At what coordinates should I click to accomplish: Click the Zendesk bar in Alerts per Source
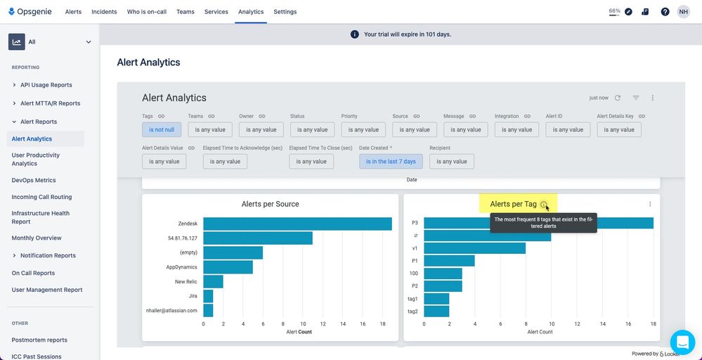coord(297,224)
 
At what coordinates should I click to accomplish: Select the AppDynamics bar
coord(228,267)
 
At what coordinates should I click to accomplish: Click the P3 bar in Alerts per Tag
coord(538,223)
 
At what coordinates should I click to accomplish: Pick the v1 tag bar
coord(474,248)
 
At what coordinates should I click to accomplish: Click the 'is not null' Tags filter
coord(162,129)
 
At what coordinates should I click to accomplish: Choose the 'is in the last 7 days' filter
coord(391,161)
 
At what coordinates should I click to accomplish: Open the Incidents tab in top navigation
coord(104,12)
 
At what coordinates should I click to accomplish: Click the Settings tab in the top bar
coord(285,12)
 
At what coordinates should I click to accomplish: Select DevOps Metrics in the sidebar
coord(34,181)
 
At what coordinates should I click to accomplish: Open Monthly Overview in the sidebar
coord(37,238)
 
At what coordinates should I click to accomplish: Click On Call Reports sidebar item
coord(33,273)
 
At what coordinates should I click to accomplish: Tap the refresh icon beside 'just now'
coord(618,98)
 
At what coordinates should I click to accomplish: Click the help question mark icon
coord(665,12)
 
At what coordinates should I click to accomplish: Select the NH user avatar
coord(683,12)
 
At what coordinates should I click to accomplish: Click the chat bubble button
coord(682,342)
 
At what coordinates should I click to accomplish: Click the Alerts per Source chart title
coord(270,204)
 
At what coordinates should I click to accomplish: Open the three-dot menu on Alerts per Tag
coord(650,204)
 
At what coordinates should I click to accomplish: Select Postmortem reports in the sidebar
coord(39,340)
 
